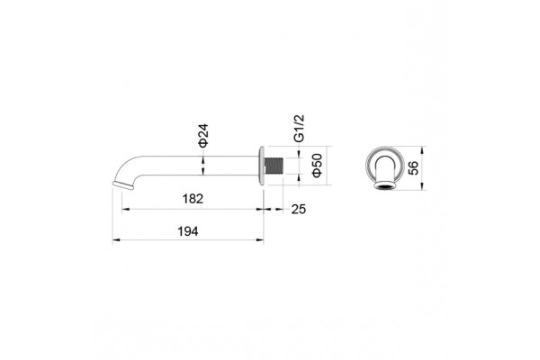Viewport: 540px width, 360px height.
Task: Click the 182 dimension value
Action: [x=193, y=199]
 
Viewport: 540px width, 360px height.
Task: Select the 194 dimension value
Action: [x=188, y=231]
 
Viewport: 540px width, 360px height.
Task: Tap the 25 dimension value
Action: [x=299, y=209]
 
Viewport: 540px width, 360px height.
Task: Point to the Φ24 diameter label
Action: [x=203, y=136]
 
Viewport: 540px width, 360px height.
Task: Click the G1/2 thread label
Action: [x=300, y=128]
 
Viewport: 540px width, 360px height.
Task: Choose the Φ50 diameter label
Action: [x=317, y=166]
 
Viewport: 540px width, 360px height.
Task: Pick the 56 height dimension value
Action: [x=413, y=167]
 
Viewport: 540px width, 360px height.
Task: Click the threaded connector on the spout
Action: [x=274, y=166]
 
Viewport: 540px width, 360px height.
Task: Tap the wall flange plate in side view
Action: [x=261, y=166]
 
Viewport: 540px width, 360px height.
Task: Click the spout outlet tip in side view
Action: [x=122, y=185]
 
